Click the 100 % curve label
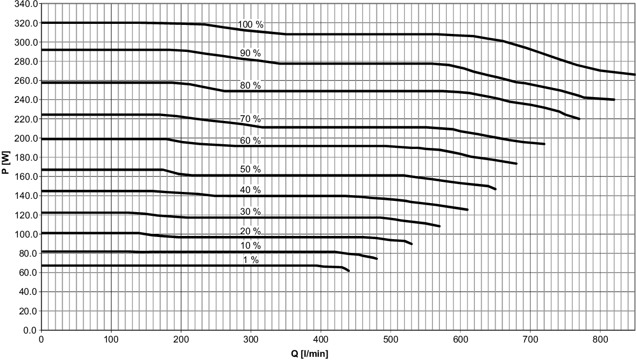pyautogui.click(x=251, y=24)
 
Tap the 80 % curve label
pyautogui.click(x=250, y=85)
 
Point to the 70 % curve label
pyautogui.click(x=250, y=118)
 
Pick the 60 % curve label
pyautogui.click(x=250, y=141)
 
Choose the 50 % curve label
pyautogui.click(x=250, y=169)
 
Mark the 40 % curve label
pyautogui.click(x=250, y=190)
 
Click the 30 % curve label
pyautogui.click(x=250, y=212)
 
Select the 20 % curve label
pyautogui.click(x=250, y=231)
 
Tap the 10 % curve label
pyautogui.click(x=250, y=245)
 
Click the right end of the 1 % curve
pyautogui.click(x=349, y=271)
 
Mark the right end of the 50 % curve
pyautogui.click(x=496, y=189)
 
